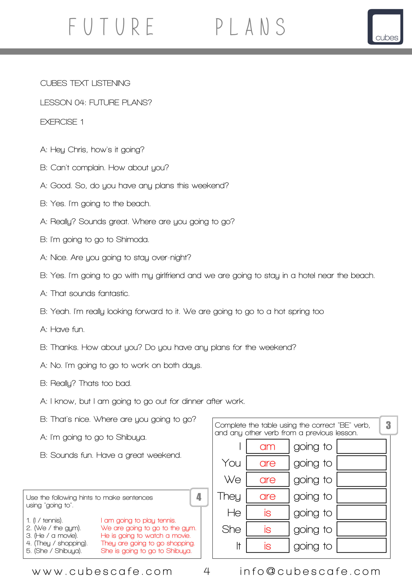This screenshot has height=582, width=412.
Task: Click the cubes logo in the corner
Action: tap(385, 27)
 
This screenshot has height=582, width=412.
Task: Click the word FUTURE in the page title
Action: tap(111, 27)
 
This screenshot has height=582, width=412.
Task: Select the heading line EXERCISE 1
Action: tap(62, 122)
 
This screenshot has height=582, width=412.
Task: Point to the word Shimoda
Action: tap(132, 240)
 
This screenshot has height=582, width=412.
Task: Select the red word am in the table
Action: tap(267, 447)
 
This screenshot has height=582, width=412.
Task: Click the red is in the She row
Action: tap(267, 529)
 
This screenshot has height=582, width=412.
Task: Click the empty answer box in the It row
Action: tap(361, 546)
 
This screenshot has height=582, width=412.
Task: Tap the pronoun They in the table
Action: tap(229, 496)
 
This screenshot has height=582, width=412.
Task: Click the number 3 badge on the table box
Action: tap(388, 425)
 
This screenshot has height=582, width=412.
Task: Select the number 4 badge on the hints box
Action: tap(199, 497)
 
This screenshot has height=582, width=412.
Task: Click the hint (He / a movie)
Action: tap(52, 536)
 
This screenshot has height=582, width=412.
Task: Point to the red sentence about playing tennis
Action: tap(138, 520)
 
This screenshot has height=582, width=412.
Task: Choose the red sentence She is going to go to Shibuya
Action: tap(146, 551)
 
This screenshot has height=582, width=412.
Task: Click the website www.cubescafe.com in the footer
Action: tap(102, 571)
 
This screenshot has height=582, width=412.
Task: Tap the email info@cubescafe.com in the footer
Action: tap(310, 571)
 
